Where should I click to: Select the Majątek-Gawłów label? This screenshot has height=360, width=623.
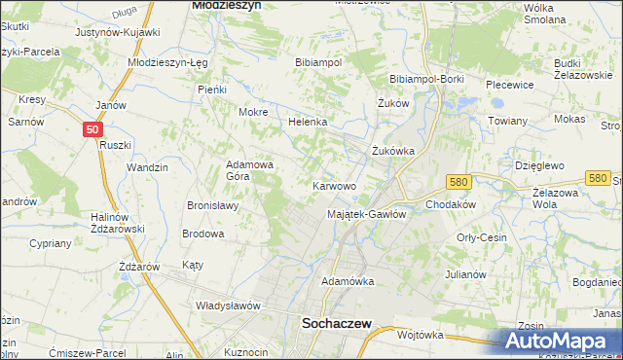click(x=366, y=214)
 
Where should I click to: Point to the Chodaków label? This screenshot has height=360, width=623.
click(x=450, y=205)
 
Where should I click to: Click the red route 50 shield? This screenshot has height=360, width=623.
click(x=91, y=128)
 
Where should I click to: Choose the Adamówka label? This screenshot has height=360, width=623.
click(x=348, y=281)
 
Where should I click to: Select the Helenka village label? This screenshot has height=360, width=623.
click(x=307, y=123)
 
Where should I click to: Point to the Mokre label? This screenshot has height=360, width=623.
click(x=253, y=112)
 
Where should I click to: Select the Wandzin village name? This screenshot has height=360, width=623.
click(x=147, y=167)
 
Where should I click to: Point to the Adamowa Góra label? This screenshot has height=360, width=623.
click(x=250, y=171)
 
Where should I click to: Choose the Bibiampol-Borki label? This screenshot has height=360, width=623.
click(x=425, y=79)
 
